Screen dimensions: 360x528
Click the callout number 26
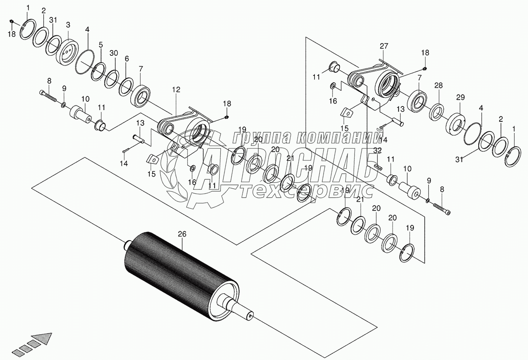pos(182,234)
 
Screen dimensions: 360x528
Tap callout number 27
pos(383,46)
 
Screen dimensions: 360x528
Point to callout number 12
pos(176,90)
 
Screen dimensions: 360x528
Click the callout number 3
pos(68,25)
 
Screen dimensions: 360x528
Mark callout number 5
pos(101,45)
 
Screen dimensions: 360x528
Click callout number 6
pos(127,59)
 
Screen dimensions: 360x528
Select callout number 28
pos(438,86)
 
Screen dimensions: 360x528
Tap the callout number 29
pos(461,98)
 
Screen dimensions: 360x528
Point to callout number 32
pos(378,150)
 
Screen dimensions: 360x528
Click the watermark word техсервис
pos(307,192)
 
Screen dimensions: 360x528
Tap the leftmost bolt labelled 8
pos(48,95)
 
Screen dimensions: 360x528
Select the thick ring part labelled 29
pos(456,124)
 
